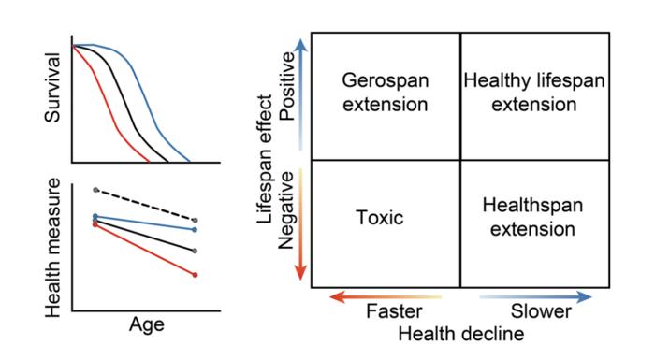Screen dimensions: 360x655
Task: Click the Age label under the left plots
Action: coord(146,325)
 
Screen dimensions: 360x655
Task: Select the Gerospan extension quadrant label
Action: coord(385,93)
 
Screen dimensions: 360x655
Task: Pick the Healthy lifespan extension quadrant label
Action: coord(534,93)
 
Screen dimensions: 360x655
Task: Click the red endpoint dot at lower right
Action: coord(195,275)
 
